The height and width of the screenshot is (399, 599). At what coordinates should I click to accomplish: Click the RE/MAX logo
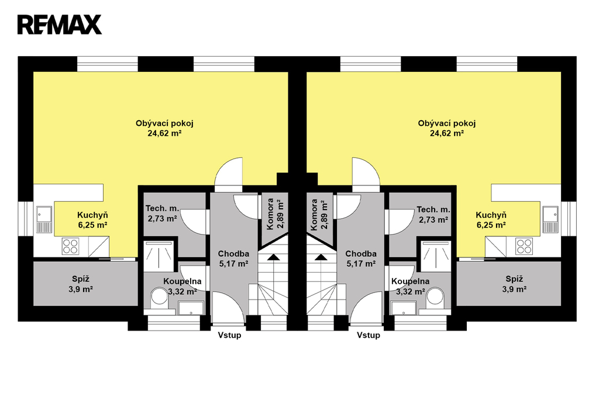[60, 25]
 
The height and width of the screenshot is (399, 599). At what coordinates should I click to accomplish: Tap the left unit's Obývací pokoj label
[164, 123]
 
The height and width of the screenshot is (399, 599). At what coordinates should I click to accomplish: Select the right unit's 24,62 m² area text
[446, 133]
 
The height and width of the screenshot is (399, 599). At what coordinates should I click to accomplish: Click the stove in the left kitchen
[70, 246]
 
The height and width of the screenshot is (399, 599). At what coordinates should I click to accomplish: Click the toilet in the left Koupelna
[159, 297]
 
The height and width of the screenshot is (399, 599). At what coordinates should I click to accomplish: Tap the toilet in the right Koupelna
[435, 297]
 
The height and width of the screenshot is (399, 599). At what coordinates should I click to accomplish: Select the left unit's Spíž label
[81, 279]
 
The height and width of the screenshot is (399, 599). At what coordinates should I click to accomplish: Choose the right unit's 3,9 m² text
[514, 290]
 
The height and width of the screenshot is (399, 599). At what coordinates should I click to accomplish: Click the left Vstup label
[229, 335]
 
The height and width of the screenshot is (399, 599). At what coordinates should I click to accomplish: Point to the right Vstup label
[369, 335]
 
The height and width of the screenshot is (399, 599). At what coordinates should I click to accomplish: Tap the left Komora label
[270, 214]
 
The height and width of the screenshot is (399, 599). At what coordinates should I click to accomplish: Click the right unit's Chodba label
[361, 254]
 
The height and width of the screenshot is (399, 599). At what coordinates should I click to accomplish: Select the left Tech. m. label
[163, 209]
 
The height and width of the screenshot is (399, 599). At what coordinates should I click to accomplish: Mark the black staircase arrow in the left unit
[273, 257]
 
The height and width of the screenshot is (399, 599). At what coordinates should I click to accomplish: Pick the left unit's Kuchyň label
[92, 215]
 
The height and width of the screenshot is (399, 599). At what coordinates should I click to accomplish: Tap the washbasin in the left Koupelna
[191, 307]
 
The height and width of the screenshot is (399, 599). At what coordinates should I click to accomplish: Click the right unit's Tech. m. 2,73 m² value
[433, 220]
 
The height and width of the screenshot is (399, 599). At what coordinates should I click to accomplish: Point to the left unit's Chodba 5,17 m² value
[234, 264]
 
